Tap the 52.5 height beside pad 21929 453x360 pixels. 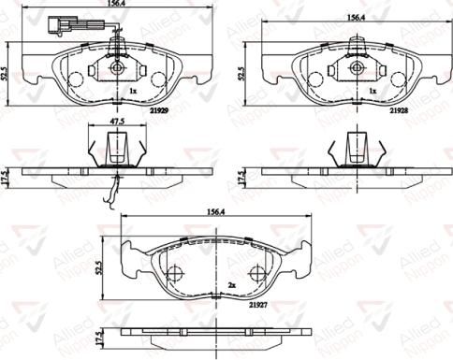[7, 73]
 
